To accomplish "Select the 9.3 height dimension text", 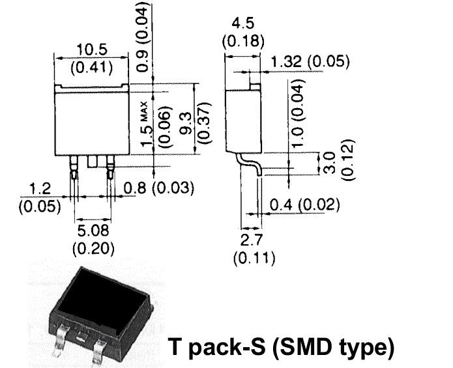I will tap(186, 122).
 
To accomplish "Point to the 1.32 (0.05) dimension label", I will tap(310, 63).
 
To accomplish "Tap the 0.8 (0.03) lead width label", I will tap(159, 189).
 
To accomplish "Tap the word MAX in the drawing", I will tap(144, 107).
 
